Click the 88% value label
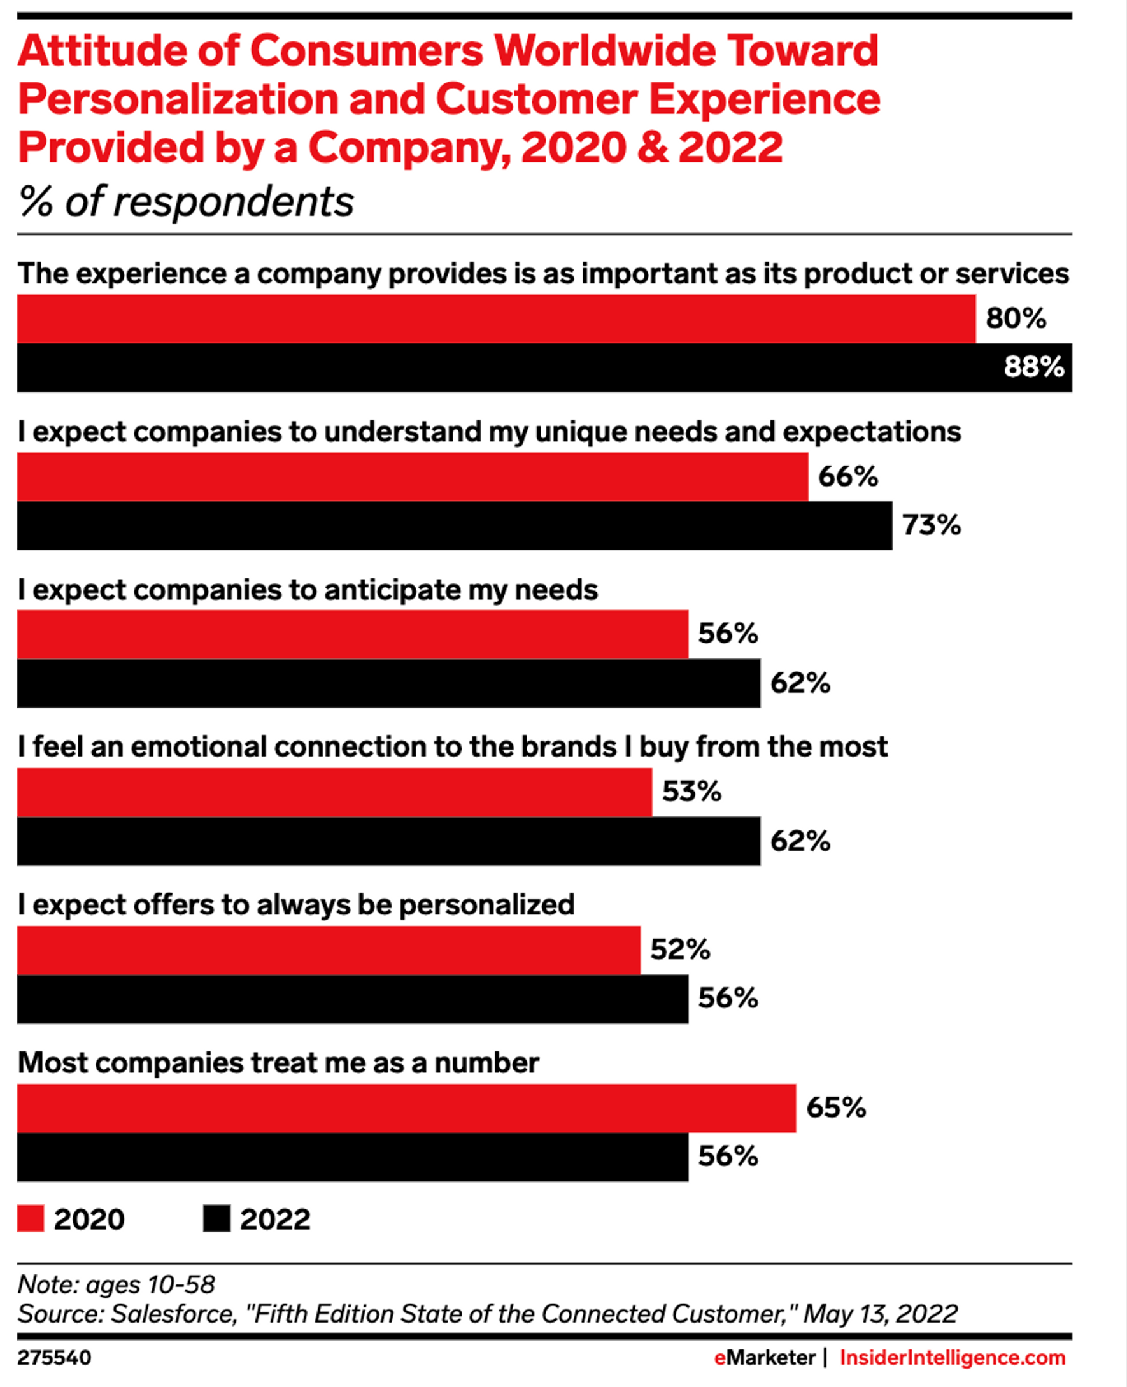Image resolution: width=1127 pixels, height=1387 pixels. click(x=1033, y=367)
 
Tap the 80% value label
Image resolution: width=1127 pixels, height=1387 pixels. click(x=1016, y=318)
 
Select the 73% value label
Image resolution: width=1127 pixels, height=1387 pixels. click(x=931, y=525)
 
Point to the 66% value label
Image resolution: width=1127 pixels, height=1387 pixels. click(x=848, y=476)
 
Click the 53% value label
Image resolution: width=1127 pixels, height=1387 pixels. click(x=691, y=792)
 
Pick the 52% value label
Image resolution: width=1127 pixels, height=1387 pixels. click(x=680, y=950)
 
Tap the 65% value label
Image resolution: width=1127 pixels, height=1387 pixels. click(x=835, y=1108)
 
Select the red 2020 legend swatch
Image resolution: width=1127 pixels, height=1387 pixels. click(x=31, y=1219)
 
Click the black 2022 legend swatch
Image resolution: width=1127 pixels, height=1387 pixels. click(x=216, y=1219)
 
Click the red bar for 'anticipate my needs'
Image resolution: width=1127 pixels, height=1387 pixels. click(x=353, y=634)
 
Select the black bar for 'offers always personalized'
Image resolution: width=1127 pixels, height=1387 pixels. click(x=353, y=999)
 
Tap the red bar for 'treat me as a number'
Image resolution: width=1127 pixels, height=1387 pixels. click(x=406, y=1109)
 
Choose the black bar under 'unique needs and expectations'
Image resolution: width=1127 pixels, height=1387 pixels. click(x=455, y=525)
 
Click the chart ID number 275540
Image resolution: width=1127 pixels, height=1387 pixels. click(x=54, y=1357)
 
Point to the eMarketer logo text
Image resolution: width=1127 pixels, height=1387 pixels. click(x=764, y=1357)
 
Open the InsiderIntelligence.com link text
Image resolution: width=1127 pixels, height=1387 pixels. click(x=953, y=1357)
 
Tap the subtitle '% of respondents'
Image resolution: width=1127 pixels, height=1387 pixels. click(x=187, y=201)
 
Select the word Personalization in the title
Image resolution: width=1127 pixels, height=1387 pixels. click(x=177, y=99)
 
